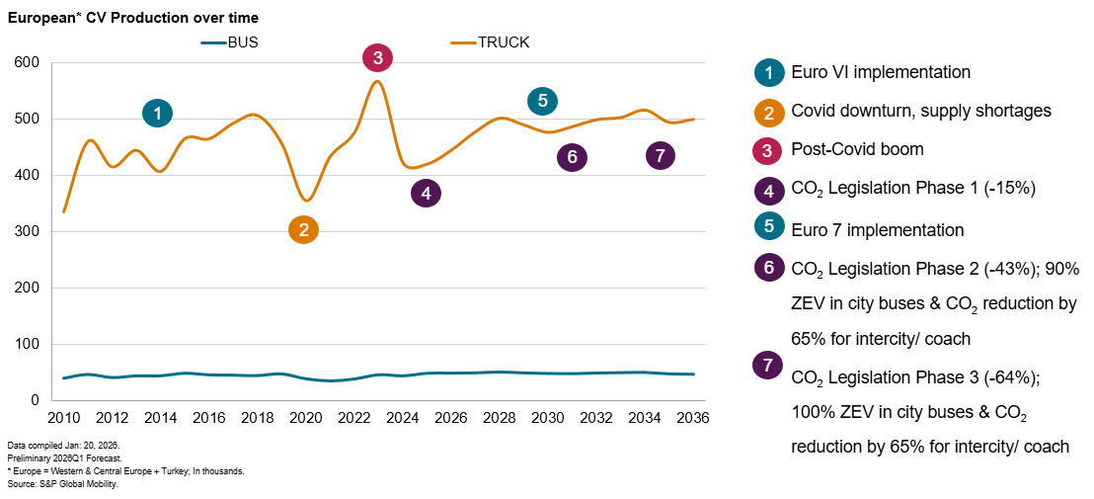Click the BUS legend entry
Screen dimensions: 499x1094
[230, 42]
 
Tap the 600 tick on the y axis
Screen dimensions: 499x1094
[26, 63]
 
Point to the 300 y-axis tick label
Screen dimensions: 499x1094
[26, 232]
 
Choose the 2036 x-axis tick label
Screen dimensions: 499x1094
[691, 418]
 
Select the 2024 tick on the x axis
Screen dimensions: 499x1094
[402, 418]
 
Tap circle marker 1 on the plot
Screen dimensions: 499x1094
[157, 113]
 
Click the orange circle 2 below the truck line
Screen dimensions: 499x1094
[303, 230]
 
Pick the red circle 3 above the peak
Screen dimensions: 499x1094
[377, 57]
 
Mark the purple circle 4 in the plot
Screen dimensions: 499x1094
[426, 194]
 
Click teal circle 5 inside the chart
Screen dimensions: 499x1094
[542, 100]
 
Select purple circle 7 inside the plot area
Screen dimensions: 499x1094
[661, 155]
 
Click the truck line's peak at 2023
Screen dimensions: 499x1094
[377, 81]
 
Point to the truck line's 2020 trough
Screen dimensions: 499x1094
[306, 201]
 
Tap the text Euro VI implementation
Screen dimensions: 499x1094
[881, 72]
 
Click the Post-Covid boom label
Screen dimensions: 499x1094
[856, 150]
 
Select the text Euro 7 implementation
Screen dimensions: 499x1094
[877, 230]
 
